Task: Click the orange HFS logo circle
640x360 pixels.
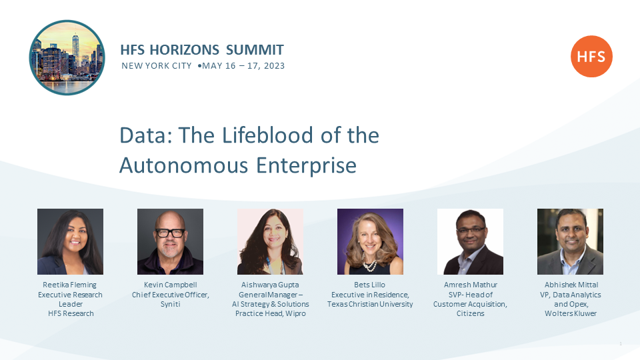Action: click(591, 56)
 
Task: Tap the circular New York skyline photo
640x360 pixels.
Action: click(67, 57)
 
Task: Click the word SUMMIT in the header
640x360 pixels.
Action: click(255, 50)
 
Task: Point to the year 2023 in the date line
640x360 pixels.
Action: click(274, 66)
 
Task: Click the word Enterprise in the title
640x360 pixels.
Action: click(306, 166)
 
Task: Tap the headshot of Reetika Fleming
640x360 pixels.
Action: click(70, 241)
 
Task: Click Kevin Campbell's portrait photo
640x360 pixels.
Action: click(170, 241)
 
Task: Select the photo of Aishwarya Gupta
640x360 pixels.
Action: click(270, 241)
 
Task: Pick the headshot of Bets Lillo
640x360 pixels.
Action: click(370, 241)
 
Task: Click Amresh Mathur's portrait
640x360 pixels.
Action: click(470, 241)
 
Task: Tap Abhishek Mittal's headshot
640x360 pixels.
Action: click(570, 241)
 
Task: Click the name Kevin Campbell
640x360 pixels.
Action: click(170, 285)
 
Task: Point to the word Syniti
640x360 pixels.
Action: click(170, 304)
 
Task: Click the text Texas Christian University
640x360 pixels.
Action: click(370, 304)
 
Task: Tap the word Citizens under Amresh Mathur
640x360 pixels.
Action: click(470, 313)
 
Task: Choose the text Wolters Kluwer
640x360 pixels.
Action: click(571, 313)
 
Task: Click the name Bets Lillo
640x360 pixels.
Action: click(370, 285)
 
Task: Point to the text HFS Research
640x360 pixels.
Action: click(71, 313)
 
